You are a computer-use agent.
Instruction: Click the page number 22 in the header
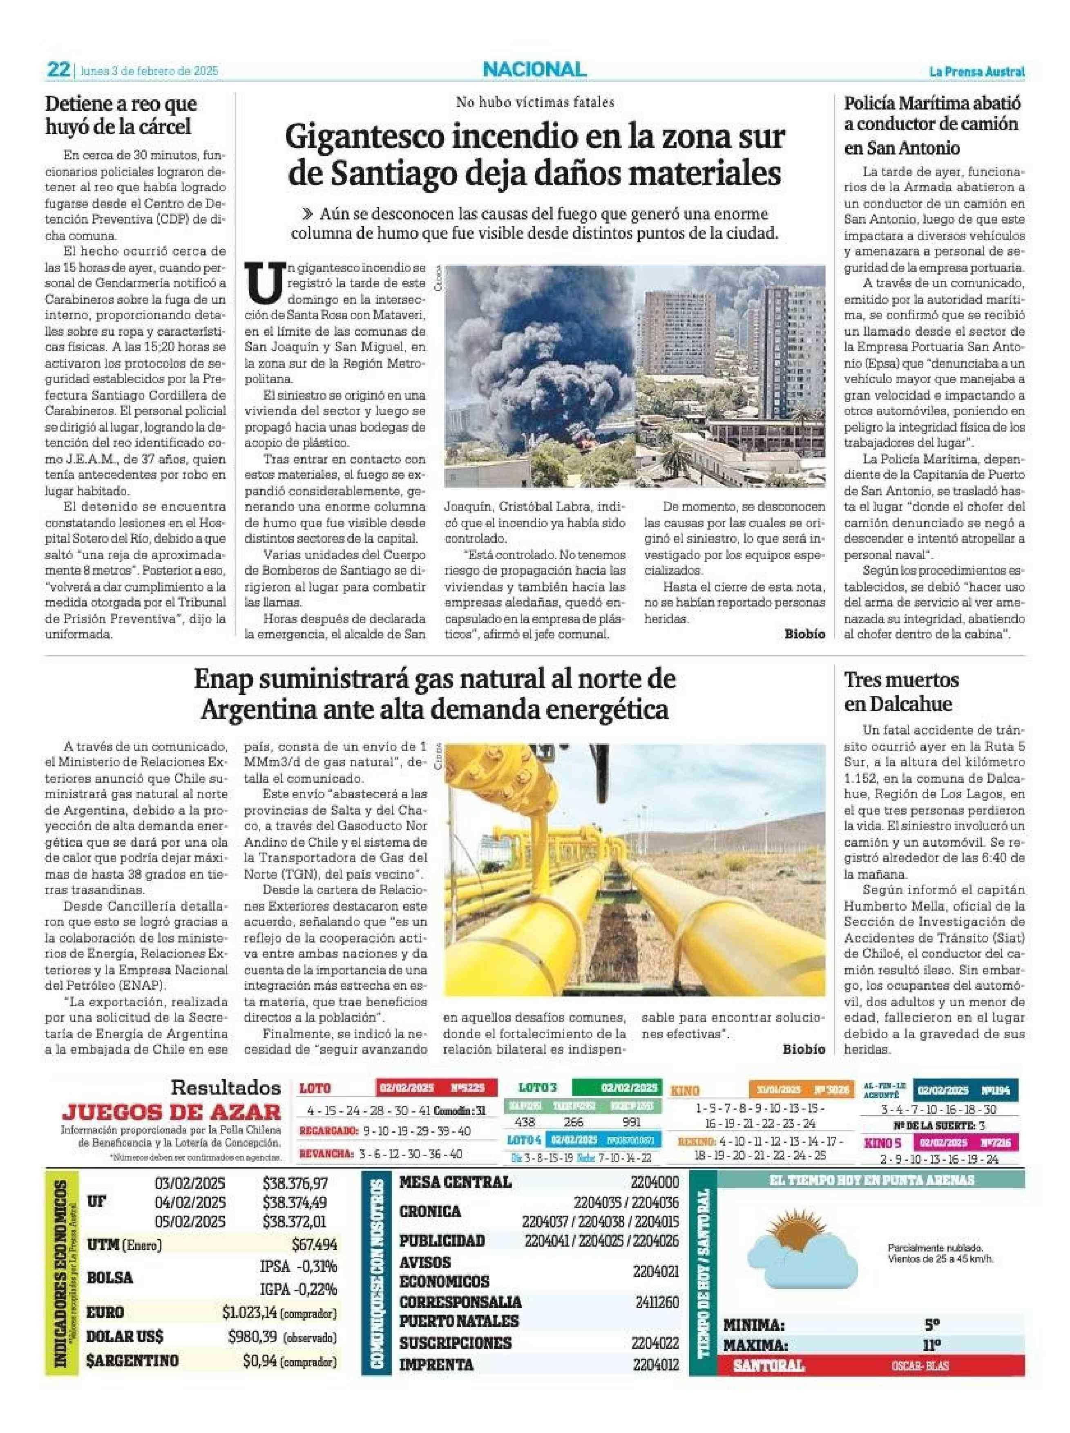(58, 69)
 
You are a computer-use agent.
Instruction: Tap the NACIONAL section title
(534, 69)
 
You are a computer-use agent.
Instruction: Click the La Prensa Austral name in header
(977, 72)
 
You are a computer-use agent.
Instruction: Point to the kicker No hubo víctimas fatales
(535, 102)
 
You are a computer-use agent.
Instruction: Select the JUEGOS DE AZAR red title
(172, 1112)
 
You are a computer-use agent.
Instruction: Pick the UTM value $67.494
(314, 1245)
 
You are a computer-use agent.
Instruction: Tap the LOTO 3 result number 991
(630, 1122)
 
